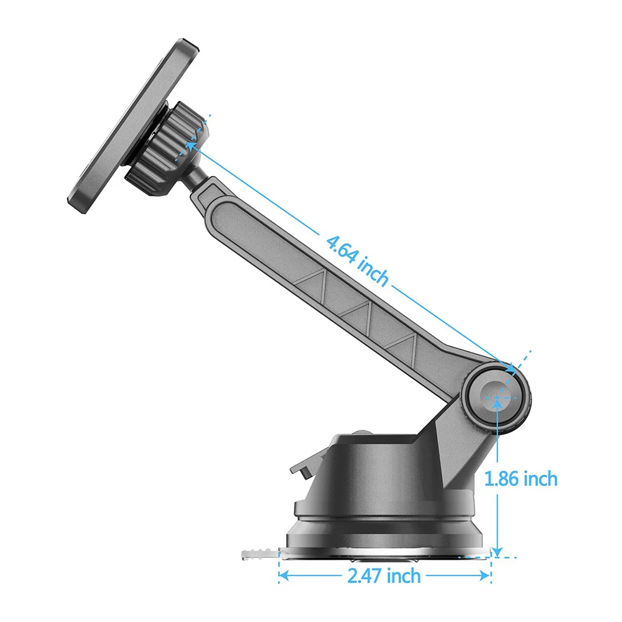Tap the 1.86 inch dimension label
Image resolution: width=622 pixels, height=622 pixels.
point(521,478)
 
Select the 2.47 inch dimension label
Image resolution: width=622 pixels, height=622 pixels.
point(384,575)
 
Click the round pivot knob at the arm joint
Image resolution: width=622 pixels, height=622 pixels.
point(498,397)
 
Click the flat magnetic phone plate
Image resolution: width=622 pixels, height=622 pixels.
point(133,126)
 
